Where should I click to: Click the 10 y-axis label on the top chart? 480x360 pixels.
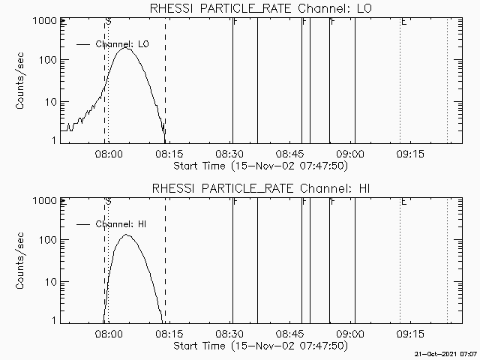pos(53,100)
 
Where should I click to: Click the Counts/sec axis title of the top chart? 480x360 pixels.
pos(22,80)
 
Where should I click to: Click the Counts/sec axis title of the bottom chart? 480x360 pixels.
pos(22,260)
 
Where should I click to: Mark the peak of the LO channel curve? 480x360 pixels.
pos(127,49)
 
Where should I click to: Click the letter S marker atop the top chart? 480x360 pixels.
pos(109,22)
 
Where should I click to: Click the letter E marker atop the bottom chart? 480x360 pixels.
pos(403,202)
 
